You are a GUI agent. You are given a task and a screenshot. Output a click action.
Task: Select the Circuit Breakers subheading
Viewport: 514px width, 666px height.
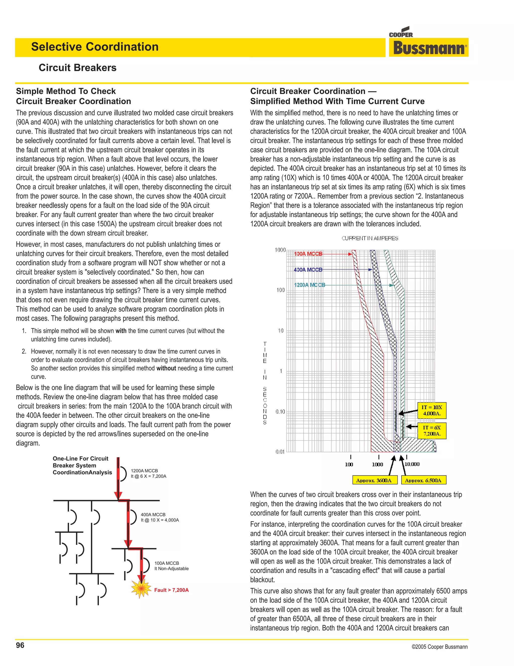pos(77,67)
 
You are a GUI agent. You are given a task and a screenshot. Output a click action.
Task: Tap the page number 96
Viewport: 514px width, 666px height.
pos(20,645)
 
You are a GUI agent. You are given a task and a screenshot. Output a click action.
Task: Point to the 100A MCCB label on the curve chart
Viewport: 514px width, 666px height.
pos(308,254)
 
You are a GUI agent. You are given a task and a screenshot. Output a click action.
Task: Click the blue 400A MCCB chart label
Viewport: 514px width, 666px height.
pos(308,270)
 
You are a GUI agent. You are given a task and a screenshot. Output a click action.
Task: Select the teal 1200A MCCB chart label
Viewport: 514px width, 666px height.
pos(309,285)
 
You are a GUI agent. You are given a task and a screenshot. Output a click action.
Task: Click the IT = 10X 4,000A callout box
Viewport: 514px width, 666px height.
pos(431,410)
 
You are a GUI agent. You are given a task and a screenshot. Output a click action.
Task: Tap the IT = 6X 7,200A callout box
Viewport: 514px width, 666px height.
pos(431,431)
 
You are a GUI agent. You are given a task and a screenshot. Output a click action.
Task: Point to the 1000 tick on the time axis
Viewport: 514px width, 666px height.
pos(280,250)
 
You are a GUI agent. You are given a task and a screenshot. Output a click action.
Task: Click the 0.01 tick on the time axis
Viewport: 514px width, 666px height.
pos(280,452)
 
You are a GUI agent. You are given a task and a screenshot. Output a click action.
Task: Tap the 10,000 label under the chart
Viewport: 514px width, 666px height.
pos(412,464)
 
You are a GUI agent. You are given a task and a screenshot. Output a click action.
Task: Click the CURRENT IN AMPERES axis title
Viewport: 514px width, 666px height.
pos(370,238)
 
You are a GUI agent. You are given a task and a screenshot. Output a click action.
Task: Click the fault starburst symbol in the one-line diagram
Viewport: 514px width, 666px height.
pos(141,589)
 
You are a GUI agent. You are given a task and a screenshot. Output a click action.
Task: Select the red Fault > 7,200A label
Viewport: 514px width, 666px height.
pos(171,590)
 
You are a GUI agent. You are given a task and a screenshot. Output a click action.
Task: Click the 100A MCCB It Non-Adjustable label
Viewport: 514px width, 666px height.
pos(171,566)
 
